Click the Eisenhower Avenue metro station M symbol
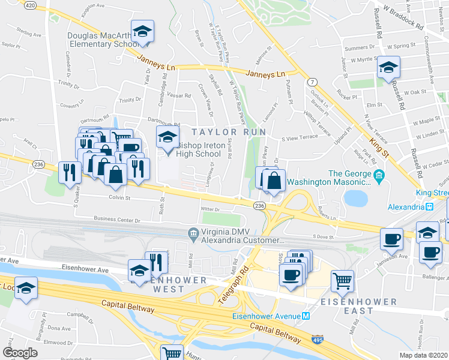coord(306,317)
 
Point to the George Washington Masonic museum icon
coord(379,175)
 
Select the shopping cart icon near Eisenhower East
coord(342,280)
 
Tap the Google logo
coord(19,353)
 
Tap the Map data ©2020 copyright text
coord(424,355)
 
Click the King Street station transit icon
coord(430,206)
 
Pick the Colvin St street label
coord(119,196)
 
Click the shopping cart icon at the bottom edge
coord(172,353)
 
